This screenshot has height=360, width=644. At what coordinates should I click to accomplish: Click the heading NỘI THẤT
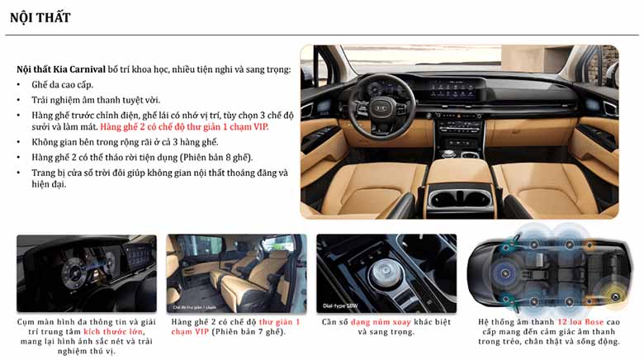pyautogui.click(x=40, y=17)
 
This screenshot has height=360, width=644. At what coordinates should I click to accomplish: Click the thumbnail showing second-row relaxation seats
pyautogui.click(x=235, y=273)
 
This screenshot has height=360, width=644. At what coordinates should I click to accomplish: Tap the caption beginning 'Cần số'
pyautogui.click(x=386, y=326)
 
